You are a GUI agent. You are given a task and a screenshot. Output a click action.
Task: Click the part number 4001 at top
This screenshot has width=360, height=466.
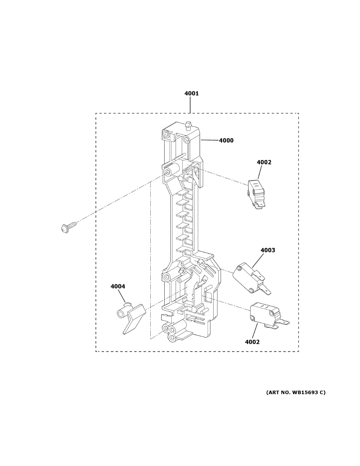click(x=191, y=94)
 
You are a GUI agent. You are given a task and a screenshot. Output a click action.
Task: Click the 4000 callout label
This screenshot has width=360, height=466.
click(x=226, y=141)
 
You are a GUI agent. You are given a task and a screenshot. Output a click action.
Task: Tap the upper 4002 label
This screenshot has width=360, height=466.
click(x=264, y=162)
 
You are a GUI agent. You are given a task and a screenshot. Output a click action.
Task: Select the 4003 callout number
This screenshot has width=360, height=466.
click(x=268, y=250)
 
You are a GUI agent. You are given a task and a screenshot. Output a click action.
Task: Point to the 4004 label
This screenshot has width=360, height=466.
click(x=118, y=287)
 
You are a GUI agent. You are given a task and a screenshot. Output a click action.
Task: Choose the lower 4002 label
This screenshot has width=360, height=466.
click(x=252, y=342)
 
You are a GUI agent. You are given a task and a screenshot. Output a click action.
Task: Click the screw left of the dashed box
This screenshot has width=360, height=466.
click(x=69, y=226)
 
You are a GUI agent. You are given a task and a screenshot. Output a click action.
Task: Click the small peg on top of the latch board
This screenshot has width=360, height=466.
click(x=187, y=126)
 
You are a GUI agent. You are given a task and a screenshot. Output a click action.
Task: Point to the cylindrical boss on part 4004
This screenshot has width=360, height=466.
click(x=121, y=313)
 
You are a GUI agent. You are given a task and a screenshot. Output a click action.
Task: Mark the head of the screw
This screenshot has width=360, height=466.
click(x=65, y=228)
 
